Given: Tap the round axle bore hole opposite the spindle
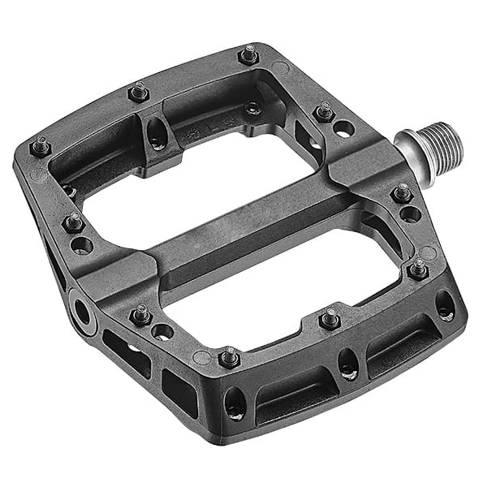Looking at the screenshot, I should [x=82, y=309].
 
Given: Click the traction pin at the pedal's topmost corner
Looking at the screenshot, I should [x=248, y=55].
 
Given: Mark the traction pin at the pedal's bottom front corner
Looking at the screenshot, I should [x=230, y=356].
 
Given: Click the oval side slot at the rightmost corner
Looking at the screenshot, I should [x=445, y=304].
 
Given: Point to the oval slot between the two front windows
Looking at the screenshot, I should [x=348, y=363].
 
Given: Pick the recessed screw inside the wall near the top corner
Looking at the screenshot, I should [x=255, y=107].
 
